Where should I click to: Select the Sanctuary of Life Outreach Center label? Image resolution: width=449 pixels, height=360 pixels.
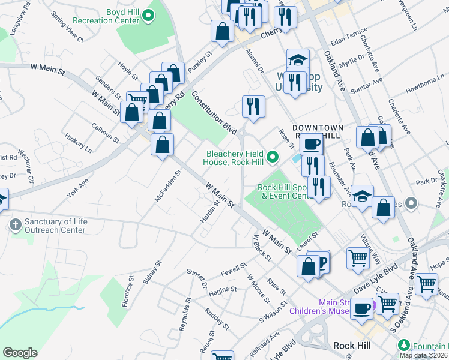[56, 226]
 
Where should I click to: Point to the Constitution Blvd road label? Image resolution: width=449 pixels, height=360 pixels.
[214, 112]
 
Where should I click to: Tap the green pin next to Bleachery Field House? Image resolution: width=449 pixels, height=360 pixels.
[273, 158]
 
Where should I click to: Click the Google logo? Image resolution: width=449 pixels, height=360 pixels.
[20, 353]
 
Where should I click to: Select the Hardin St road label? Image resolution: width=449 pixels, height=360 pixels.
[206, 211]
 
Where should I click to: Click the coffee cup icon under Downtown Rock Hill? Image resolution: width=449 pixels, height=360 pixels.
[312, 143]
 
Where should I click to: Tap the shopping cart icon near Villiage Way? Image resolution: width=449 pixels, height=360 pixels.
[358, 259]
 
